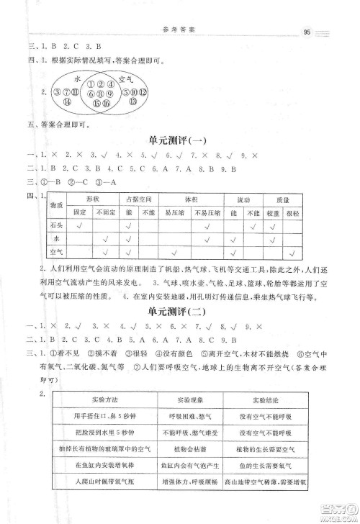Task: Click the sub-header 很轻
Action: point(293,213)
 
